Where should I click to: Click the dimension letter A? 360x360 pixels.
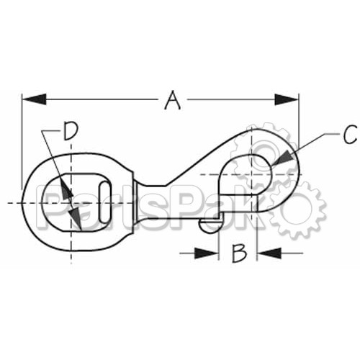172,100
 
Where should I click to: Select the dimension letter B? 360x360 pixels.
239,253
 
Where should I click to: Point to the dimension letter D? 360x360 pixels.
71,131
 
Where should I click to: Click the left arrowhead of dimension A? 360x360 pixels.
34,99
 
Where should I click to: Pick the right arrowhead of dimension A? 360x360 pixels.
287,99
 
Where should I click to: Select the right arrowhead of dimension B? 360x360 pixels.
269,253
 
